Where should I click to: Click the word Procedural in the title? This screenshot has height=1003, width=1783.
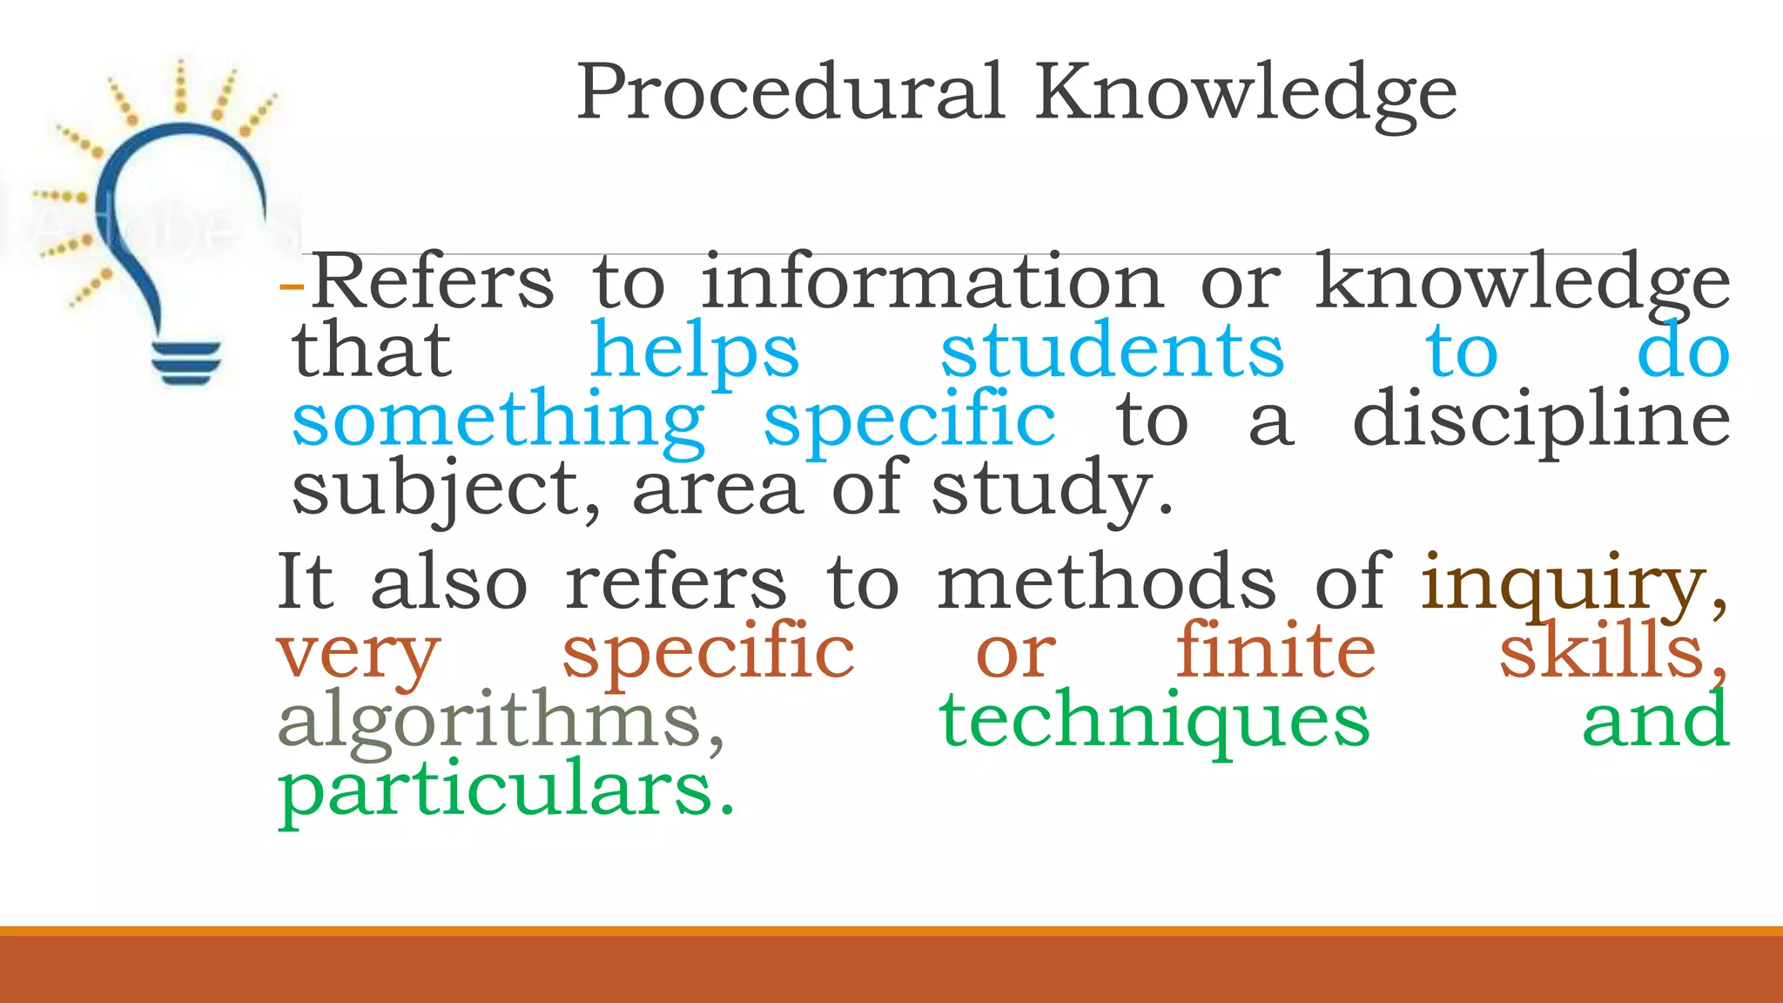coord(791,92)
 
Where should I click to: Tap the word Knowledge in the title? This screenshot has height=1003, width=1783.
coord(1246,94)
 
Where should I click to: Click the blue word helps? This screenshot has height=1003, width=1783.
coord(694,351)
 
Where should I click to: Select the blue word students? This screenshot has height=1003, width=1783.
coord(1112,351)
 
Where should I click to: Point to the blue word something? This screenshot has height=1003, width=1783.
coord(498,421)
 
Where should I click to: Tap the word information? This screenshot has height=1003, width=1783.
coord(932,282)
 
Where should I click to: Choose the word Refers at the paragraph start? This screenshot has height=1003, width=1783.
coord(433,282)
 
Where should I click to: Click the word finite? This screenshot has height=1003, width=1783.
coord(1276,651)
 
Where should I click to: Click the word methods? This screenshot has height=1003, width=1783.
coord(1106,582)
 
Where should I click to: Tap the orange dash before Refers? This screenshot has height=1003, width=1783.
coord(292,286)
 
